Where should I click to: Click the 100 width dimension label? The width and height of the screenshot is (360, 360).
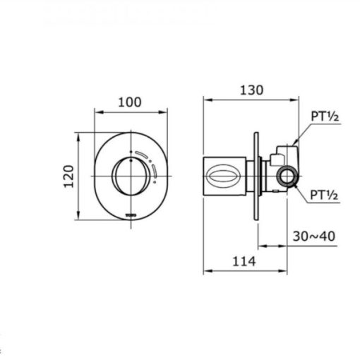130,102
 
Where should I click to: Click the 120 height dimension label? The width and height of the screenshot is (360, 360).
68,176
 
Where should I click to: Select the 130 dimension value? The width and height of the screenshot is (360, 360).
251,90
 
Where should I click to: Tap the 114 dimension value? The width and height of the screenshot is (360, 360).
244,261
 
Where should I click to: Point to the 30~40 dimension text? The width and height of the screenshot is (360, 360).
314,236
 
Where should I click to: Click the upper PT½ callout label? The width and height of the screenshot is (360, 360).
325,116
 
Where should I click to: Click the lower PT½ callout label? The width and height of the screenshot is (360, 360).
324,195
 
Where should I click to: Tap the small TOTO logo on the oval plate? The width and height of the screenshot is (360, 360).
131,215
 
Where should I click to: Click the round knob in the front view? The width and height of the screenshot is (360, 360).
131,176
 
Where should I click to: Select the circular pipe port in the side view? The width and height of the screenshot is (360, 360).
287,176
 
